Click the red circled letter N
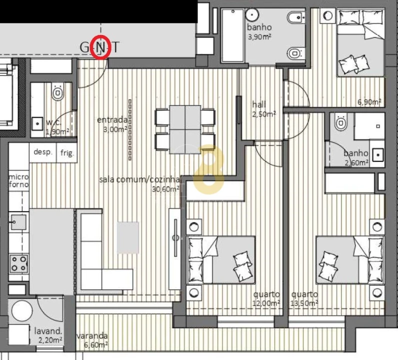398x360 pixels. click(x=101, y=48)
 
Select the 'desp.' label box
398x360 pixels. click(x=43, y=152)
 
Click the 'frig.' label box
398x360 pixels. click(x=67, y=153)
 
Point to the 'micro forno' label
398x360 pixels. click(x=18, y=180)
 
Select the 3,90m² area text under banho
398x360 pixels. click(x=259, y=36)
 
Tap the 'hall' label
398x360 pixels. click(x=259, y=104)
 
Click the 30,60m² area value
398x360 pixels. click(x=166, y=189)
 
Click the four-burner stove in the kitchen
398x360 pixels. click(x=19, y=263)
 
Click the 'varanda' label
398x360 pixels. click(x=92, y=336)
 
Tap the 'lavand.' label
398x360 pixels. click(x=48, y=330)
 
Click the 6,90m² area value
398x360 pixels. click(x=369, y=102)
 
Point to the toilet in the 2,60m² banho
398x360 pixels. click(x=341, y=122)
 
